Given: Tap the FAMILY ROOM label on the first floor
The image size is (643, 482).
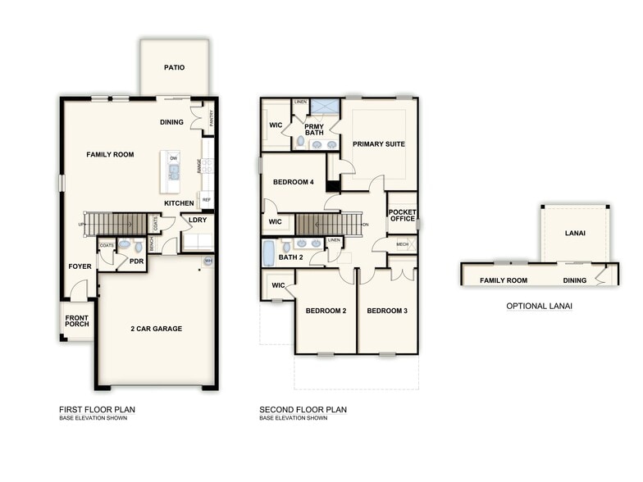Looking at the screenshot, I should pyautogui.click(x=110, y=154).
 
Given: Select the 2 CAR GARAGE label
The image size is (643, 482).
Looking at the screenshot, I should pyautogui.click(x=156, y=329).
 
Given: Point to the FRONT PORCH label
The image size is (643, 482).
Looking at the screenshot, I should pyautogui.click(x=77, y=320).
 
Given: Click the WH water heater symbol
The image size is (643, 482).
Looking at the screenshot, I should pyautogui.click(x=207, y=262).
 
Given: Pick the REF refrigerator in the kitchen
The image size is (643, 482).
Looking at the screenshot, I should pyautogui.click(x=207, y=199).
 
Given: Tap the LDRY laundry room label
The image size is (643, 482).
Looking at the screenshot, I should pyautogui.click(x=198, y=220).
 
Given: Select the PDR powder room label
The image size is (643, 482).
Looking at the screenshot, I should pyautogui.click(x=136, y=262).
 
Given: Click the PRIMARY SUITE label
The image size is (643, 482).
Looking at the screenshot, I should pyautogui.click(x=379, y=144).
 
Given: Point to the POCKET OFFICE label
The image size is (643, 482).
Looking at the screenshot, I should pyautogui.click(x=402, y=215).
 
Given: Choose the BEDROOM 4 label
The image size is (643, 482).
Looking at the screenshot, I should pyautogui.click(x=294, y=182).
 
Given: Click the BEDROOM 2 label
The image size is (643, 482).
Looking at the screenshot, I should pyautogui.click(x=326, y=311).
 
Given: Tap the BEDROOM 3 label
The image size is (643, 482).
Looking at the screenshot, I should pyautogui.click(x=387, y=311).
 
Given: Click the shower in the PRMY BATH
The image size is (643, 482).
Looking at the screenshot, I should pyautogui.click(x=324, y=107).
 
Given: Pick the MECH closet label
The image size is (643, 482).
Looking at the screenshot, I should pyautogui.click(x=402, y=244).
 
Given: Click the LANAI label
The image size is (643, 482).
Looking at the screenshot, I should pyautogui.click(x=575, y=234).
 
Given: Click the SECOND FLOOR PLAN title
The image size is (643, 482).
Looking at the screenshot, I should pyautogui.click(x=303, y=409).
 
